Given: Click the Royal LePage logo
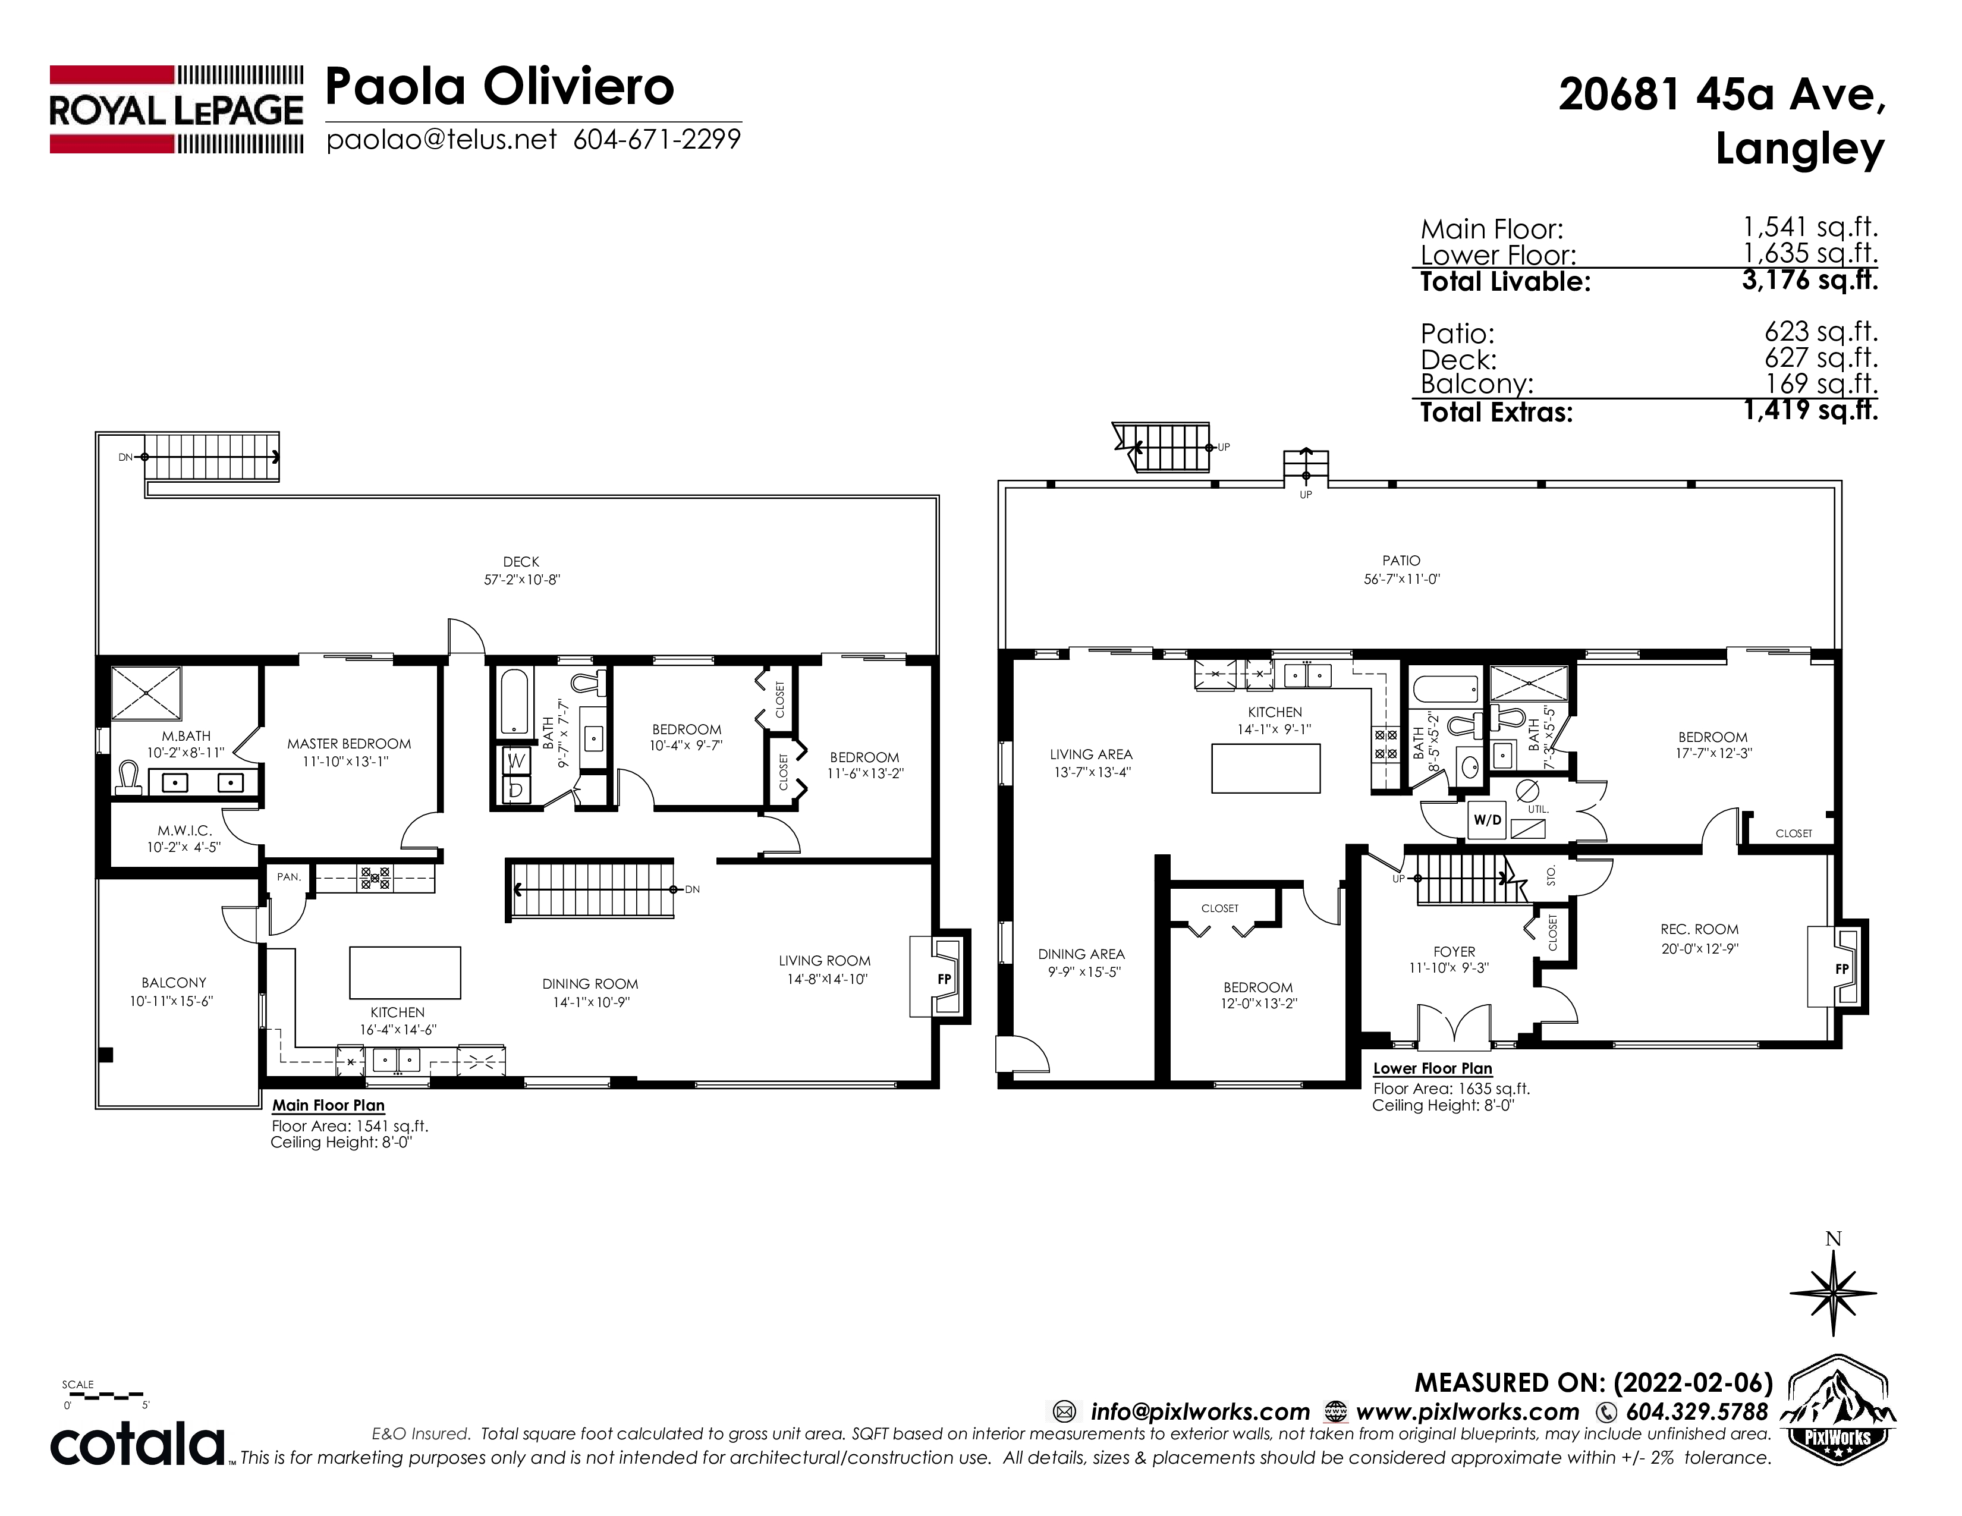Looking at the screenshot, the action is point(176,109).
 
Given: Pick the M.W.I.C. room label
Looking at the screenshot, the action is point(184,831).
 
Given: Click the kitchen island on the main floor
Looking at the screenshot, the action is point(405,973).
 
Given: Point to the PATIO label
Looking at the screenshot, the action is point(1401,561).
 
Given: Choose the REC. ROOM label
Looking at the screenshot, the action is point(1699,930).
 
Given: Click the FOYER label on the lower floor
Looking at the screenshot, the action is point(1454,952).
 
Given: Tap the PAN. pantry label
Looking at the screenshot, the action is point(288,876).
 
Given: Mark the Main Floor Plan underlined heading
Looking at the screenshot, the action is point(329,1106).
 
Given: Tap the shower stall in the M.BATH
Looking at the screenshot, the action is point(146,693).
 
